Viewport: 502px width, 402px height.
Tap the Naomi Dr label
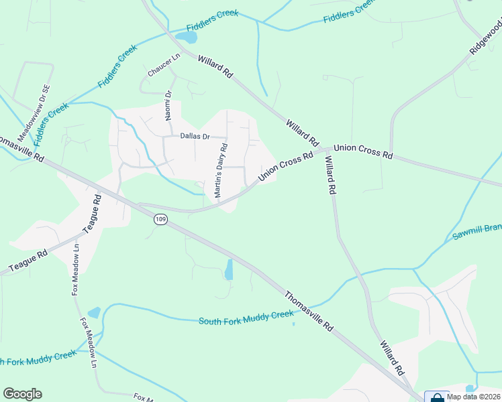(168, 105)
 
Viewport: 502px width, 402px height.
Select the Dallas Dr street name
(195, 136)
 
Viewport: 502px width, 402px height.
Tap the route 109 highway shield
(160, 219)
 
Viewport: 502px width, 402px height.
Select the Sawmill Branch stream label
(476, 232)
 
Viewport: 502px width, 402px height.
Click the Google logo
(22, 394)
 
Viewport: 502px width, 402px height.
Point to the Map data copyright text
(474, 397)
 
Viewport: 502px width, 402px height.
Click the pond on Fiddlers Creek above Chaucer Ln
(187, 38)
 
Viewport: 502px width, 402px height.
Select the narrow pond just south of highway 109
(229, 269)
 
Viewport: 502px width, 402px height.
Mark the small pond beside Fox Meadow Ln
(94, 312)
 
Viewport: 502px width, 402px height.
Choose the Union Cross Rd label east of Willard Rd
(363, 150)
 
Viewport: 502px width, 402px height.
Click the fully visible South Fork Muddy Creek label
(246, 318)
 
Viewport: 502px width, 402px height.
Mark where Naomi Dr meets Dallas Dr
(165, 137)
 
